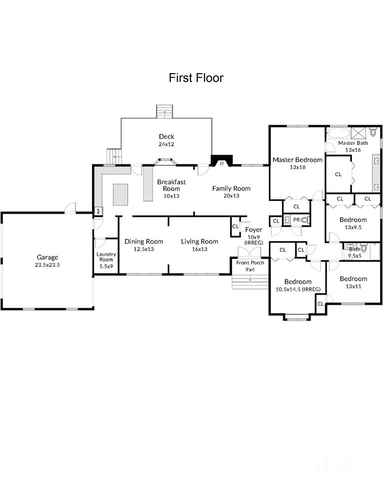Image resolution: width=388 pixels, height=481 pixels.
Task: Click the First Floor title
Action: pyautogui.click(x=196, y=78)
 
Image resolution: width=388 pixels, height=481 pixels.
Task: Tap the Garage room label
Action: pyautogui.click(x=47, y=258)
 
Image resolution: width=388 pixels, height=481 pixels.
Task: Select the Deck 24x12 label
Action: pyautogui.click(x=166, y=140)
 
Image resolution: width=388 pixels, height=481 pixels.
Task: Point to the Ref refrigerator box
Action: pyautogui.click(x=98, y=211)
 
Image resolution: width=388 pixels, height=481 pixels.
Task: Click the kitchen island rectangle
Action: pyautogui.click(x=120, y=194)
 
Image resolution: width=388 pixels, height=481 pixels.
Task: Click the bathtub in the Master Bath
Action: pyautogui.click(x=338, y=134)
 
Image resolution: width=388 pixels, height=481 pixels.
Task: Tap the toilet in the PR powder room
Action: pyautogui.click(x=304, y=219)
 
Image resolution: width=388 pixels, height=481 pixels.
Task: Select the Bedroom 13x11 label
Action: pyautogui.click(x=353, y=282)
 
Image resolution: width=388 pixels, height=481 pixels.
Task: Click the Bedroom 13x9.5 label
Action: pyautogui.click(x=353, y=223)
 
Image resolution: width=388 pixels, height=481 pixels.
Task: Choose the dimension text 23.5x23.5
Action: pyautogui.click(x=47, y=265)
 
